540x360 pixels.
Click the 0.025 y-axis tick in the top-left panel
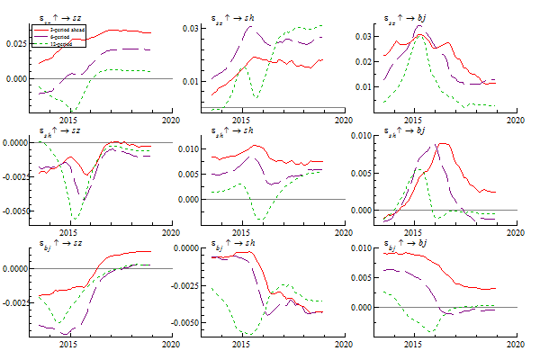point(16,43)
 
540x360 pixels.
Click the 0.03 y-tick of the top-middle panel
point(192,28)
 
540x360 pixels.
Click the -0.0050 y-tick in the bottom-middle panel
point(186,321)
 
